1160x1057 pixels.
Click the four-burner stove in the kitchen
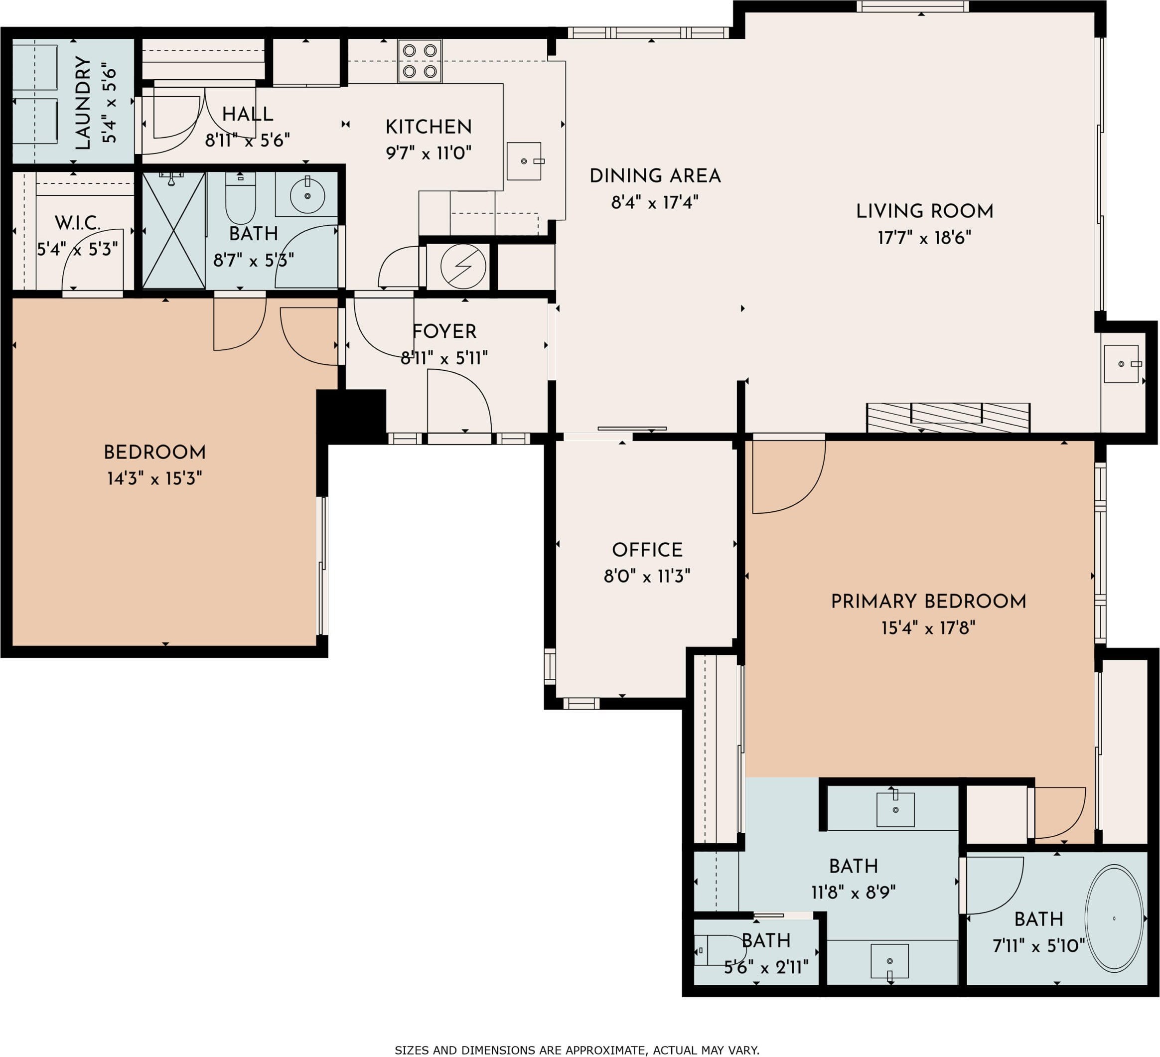coord(420,60)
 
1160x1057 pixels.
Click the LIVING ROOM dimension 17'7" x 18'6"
coord(924,238)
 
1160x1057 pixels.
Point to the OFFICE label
coord(647,550)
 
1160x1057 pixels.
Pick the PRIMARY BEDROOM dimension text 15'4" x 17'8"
coord(928,627)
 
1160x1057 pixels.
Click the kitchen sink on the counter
coord(524,161)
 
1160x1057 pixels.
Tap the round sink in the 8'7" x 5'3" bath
coord(307,196)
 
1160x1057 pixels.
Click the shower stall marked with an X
coord(174,230)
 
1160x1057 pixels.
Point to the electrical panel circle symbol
coord(463,267)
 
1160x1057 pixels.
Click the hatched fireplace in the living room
coord(948,418)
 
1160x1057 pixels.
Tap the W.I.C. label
coord(78,223)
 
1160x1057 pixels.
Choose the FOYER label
coord(444,331)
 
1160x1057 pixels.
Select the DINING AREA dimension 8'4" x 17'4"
coord(655,202)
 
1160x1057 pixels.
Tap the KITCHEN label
coord(429,127)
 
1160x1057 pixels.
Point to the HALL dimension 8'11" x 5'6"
coord(248,141)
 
